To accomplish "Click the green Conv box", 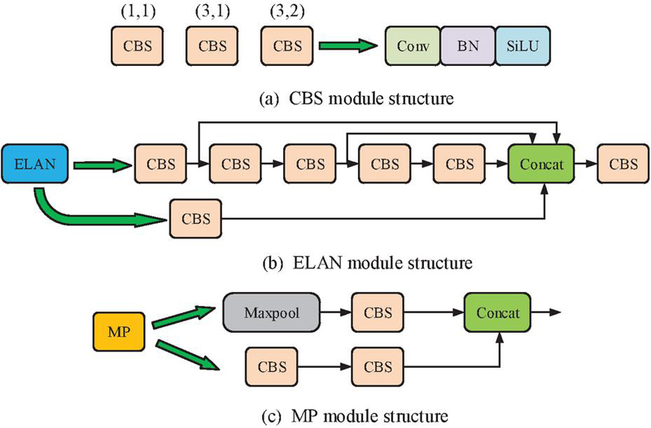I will pos(412,46).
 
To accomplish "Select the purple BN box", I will pos(468,46).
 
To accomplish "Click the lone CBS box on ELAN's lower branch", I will pos(195,218).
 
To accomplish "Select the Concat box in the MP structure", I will pos(495,312).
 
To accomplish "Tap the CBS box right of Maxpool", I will pos(378,312).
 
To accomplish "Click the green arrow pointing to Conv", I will pos(349,46).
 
